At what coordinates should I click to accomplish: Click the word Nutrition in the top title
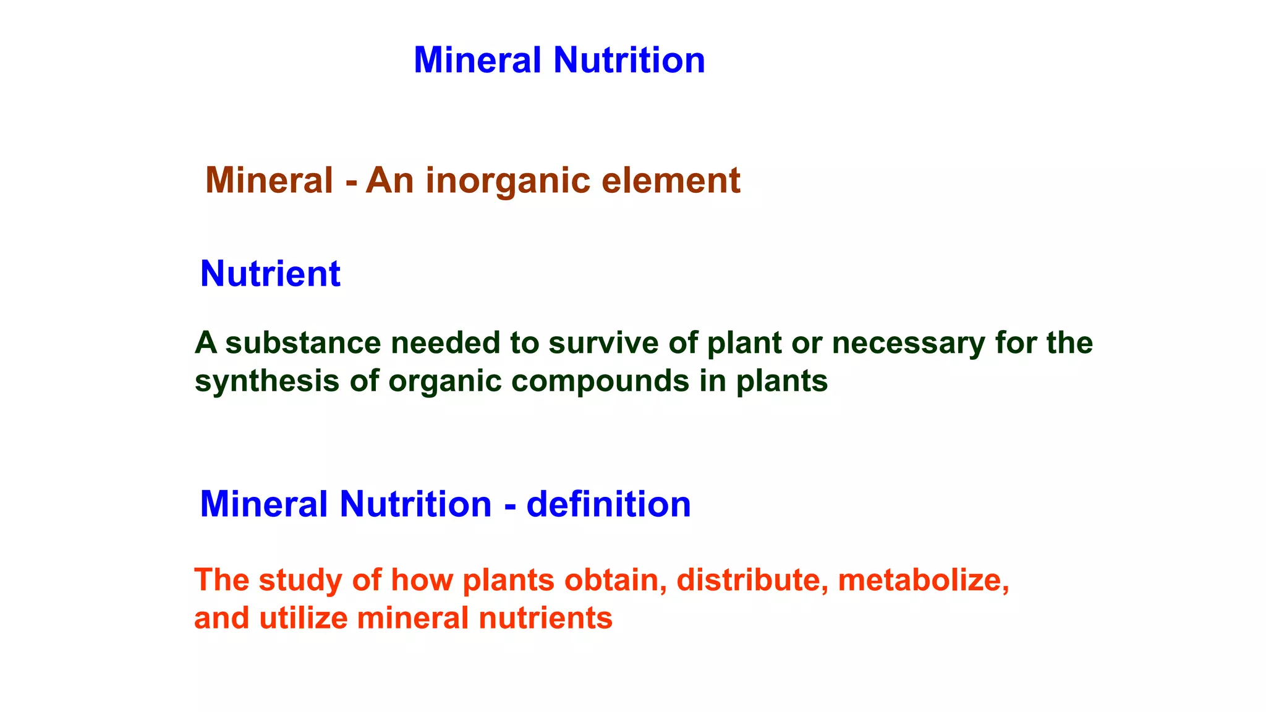click(629, 61)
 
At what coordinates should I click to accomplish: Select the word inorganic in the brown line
click(508, 181)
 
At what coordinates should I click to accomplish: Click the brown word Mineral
click(269, 180)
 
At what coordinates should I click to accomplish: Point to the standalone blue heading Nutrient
click(270, 274)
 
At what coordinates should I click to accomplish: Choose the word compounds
click(600, 381)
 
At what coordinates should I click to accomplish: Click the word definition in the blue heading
click(608, 504)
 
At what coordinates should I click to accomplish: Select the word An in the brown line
click(389, 181)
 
